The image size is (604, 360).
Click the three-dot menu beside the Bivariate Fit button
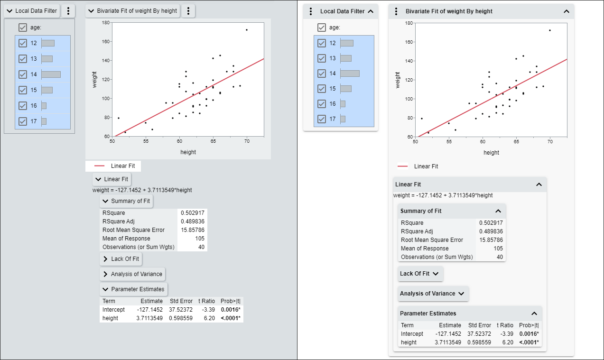tap(188, 11)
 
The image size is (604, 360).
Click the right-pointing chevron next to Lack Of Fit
tap(105, 259)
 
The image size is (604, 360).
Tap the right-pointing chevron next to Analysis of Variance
tap(105, 274)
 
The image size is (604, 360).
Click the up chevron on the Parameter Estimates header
tap(534, 314)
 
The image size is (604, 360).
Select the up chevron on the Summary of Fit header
tap(498, 211)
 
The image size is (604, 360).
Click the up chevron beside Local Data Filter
tap(371, 11)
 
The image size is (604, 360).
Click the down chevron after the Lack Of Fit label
tap(436, 274)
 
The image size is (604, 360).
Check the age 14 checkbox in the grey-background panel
tap(22, 74)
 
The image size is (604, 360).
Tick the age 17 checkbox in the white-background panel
tap(322, 119)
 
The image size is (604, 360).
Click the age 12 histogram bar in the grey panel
tap(48, 43)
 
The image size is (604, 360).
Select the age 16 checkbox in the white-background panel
tap(322, 104)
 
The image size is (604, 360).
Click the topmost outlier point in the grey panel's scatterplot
tap(247, 30)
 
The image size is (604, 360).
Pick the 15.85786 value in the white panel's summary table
tap(491, 240)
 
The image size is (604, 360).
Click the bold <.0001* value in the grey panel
tap(230, 318)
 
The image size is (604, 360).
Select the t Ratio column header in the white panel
tap(505, 325)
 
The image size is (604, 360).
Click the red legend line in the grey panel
tap(99, 166)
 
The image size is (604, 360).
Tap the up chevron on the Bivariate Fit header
tap(566, 11)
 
